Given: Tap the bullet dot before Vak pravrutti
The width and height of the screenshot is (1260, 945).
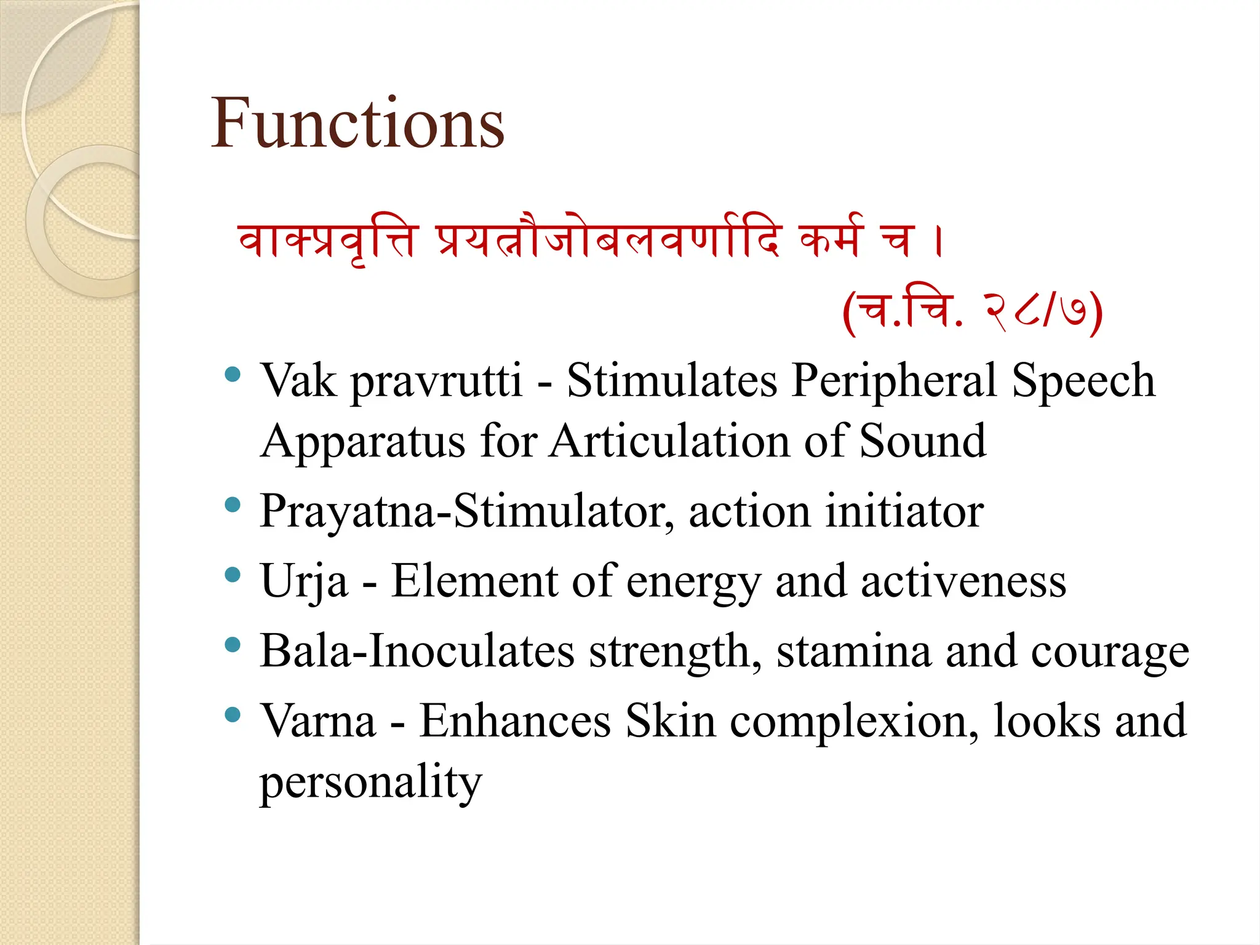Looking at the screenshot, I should coord(233,374).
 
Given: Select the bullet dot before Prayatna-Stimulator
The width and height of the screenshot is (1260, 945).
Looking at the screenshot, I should coord(233,505).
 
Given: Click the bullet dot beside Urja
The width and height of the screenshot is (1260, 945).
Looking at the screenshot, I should coord(233,575).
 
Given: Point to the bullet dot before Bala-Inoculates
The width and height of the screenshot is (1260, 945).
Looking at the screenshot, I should coord(233,645).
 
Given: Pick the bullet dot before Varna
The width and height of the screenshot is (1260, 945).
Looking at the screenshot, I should coord(233,715).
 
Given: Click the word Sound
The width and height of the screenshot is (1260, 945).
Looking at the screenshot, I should coord(923,442).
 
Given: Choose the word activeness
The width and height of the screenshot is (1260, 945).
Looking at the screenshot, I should coord(963,581).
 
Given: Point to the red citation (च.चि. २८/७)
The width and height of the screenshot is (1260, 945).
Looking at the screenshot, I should coord(973,312).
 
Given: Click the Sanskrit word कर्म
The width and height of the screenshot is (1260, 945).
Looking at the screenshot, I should coord(831,239).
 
